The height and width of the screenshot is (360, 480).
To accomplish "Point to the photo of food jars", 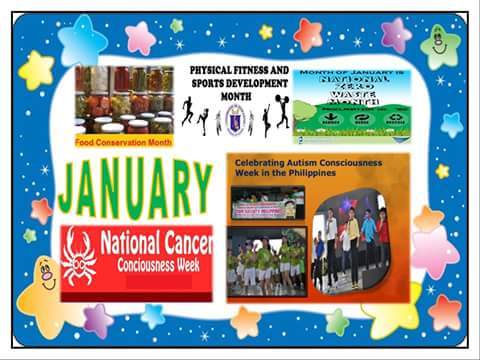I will (122, 99).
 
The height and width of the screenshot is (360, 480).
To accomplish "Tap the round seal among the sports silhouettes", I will (236, 117).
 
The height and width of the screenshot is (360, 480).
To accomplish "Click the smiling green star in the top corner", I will (439, 45).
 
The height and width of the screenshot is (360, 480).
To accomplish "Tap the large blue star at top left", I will (82, 42).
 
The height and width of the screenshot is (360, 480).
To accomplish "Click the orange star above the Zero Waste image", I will (309, 35).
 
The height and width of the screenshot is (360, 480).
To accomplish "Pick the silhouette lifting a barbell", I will (282, 111).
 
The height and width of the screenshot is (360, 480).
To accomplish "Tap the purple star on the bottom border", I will (97, 321).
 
